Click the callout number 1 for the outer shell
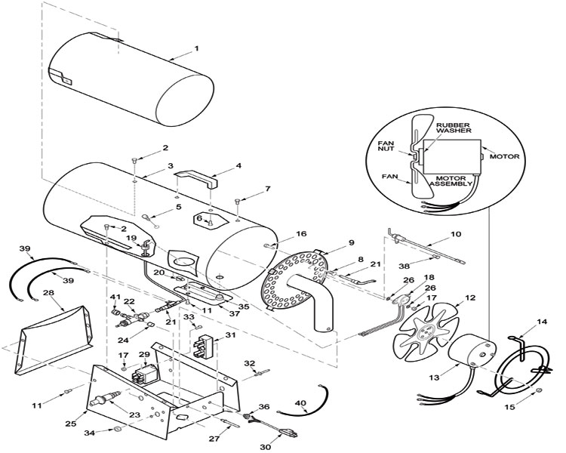[x=196, y=49]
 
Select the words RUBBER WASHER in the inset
[x=454, y=128]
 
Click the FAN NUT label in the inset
[x=386, y=146]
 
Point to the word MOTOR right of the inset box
[x=504, y=156]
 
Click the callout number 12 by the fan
[x=470, y=298]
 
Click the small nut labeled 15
[x=538, y=390]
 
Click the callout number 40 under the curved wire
[x=300, y=402]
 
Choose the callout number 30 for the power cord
[x=266, y=447]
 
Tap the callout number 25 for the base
[x=71, y=424]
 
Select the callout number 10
[x=456, y=234]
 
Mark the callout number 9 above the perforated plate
[x=351, y=242]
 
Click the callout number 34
[x=90, y=433]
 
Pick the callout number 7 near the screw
[x=267, y=189]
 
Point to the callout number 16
[x=301, y=234]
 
